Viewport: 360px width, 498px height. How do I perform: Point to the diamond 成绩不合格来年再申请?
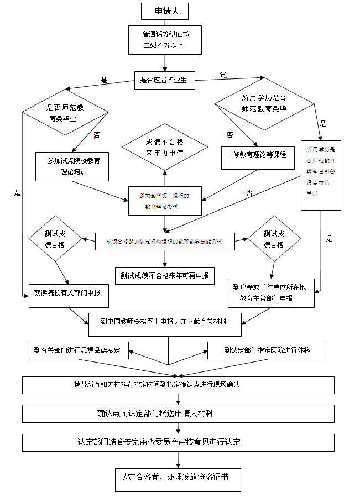tap(164, 147)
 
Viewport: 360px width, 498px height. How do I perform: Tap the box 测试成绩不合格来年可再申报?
tap(164, 275)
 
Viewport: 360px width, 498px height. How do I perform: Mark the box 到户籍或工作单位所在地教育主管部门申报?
tap(272, 292)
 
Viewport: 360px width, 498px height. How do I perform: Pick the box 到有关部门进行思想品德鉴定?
tap(79, 350)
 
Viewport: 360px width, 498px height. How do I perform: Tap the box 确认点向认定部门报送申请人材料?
tap(178, 413)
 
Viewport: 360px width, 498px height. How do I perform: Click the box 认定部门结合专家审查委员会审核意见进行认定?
tap(178, 442)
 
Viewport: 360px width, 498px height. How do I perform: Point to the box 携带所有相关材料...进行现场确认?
tap(178, 385)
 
